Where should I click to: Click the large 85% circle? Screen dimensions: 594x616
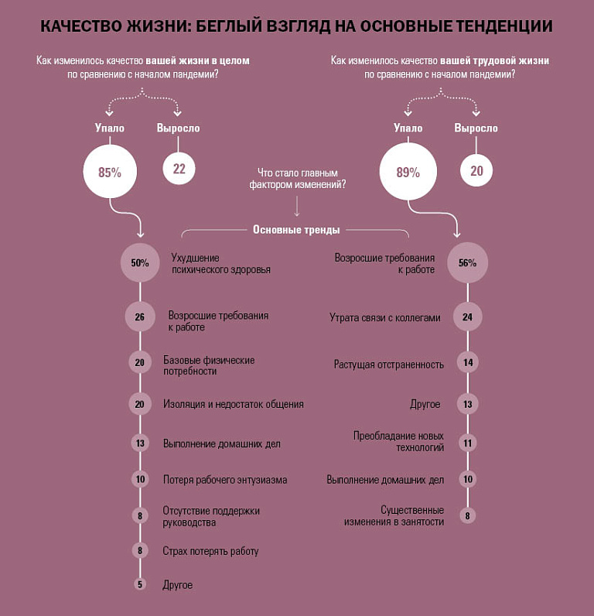(x=110, y=171)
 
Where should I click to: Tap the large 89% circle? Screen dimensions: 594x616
(x=408, y=171)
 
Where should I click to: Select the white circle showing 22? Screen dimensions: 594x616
(x=179, y=169)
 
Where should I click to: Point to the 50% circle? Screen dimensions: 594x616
(x=140, y=262)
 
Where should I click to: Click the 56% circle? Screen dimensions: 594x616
(x=468, y=262)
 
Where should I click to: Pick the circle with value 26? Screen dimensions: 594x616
(x=140, y=317)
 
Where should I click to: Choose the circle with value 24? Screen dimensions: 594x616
(x=468, y=317)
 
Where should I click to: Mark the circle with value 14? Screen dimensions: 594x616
(x=468, y=362)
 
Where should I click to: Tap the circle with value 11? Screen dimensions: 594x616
(x=468, y=443)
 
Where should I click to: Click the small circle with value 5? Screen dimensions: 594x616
(x=140, y=584)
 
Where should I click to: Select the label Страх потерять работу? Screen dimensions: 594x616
(x=210, y=551)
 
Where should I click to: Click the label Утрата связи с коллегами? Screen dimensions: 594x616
(x=384, y=317)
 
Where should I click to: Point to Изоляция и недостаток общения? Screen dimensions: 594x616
(x=234, y=404)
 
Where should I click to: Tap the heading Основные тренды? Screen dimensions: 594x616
(x=296, y=229)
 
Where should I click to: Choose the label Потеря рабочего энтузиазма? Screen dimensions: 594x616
(x=225, y=480)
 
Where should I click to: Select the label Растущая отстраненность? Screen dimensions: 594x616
(x=389, y=364)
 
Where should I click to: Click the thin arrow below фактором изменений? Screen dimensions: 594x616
(x=297, y=206)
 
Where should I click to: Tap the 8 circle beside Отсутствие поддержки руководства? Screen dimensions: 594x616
(x=140, y=515)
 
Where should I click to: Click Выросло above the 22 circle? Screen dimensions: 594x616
(x=178, y=128)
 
